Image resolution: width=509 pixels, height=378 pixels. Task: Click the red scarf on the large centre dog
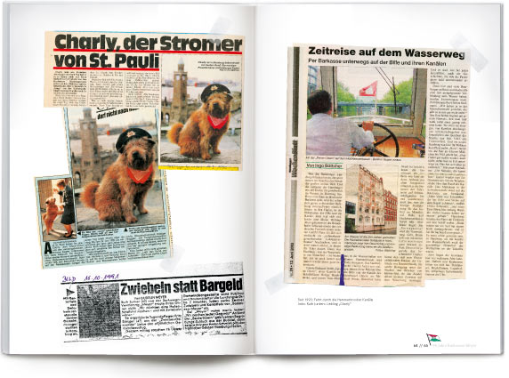pos(139,174)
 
